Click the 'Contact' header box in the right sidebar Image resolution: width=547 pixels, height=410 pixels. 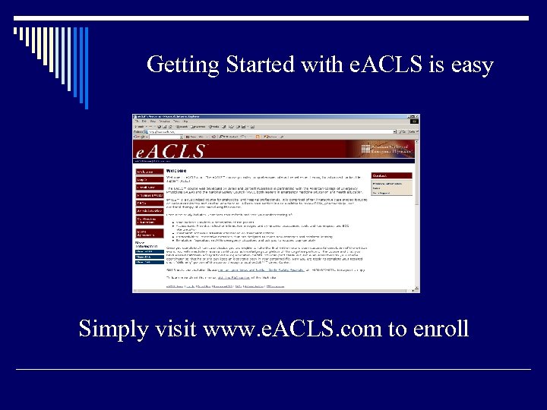click(x=391, y=176)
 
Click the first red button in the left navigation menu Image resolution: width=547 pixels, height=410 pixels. click(x=149, y=173)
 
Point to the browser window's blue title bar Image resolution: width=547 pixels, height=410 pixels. click(x=273, y=117)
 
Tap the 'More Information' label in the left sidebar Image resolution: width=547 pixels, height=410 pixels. click(x=144, y=244)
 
